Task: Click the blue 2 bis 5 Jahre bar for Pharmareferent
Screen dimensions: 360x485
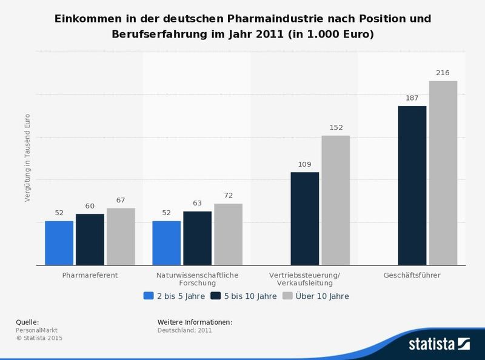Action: pos(59,243)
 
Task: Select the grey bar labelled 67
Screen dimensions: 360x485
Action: pos(121,236)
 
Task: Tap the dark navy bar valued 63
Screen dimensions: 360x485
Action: pos(197,238)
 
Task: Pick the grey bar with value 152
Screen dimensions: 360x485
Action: pos(335,200)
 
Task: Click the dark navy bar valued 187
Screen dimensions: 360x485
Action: pos(412,185)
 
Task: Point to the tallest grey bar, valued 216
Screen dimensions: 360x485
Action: pos(443,173)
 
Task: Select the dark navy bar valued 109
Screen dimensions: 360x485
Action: pos(305,218)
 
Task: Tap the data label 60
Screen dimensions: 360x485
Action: pos(90,206)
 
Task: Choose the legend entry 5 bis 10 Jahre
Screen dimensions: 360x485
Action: pos(244,296)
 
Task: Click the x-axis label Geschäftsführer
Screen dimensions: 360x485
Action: pos(412,275)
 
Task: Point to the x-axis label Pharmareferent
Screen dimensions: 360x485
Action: pos(90,275)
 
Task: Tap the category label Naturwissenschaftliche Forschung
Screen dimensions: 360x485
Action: pos(197,279)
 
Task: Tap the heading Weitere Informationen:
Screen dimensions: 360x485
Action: pos(195,322)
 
